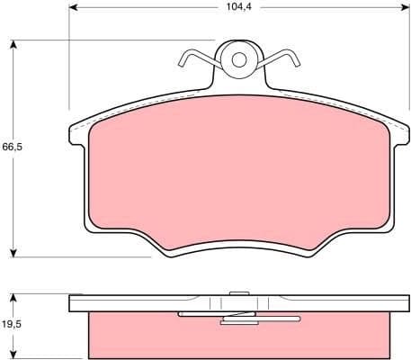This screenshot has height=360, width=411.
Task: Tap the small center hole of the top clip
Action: coord(239,60)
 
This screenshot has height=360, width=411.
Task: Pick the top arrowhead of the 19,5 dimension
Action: coord(14,297)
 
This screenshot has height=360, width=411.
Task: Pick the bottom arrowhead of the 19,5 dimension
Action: coord(14,355)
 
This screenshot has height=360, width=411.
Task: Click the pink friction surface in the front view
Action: coord(239,171)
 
